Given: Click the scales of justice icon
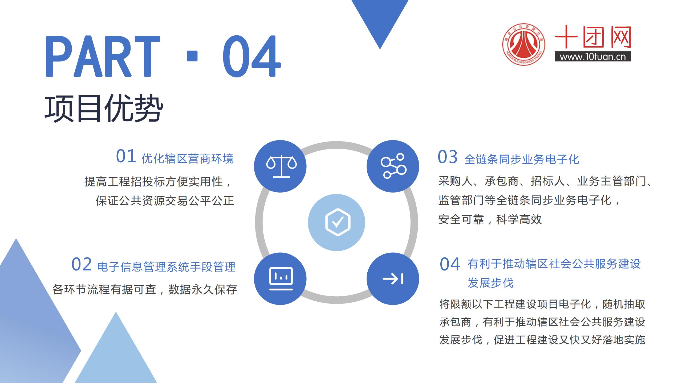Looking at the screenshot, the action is [x=281, y=166].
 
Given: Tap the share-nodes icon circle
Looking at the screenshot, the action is [x=393, y=166].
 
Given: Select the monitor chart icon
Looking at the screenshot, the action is [x=281, y=278].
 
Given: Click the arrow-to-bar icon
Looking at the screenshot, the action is [x=393, y=279].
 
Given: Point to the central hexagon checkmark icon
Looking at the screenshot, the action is [x=338, y=222].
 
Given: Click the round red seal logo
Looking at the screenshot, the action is [x=523, y=44].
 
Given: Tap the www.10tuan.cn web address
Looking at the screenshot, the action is [x=593, y=57].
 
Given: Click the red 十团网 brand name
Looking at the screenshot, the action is [x=593, y=37].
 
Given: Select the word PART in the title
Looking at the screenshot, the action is [x=103, y=56].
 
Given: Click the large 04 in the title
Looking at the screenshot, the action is [x=252, y=56].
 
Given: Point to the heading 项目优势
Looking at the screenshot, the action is [x=104, y=108].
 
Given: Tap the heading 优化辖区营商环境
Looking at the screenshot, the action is [x=188, y=159].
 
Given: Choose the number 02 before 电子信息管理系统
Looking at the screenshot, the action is [x=82, y=264].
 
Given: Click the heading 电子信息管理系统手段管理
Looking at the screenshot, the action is [x=166, y=267].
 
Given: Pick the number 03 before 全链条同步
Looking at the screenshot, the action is [x=448, y=157].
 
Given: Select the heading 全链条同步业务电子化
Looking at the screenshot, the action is [x=522, y=160].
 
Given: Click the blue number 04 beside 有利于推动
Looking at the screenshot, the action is [x=450, y=264].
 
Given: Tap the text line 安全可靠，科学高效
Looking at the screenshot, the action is [x=490, y=219].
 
